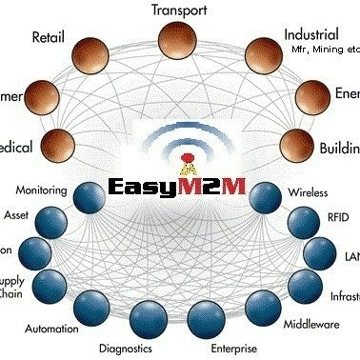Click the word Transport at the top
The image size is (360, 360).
(180, 10)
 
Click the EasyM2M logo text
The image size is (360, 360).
(178, 185)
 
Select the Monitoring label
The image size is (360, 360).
(42, 190)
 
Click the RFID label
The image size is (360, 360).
(337, 218)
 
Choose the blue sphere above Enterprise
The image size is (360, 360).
(207, 315)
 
